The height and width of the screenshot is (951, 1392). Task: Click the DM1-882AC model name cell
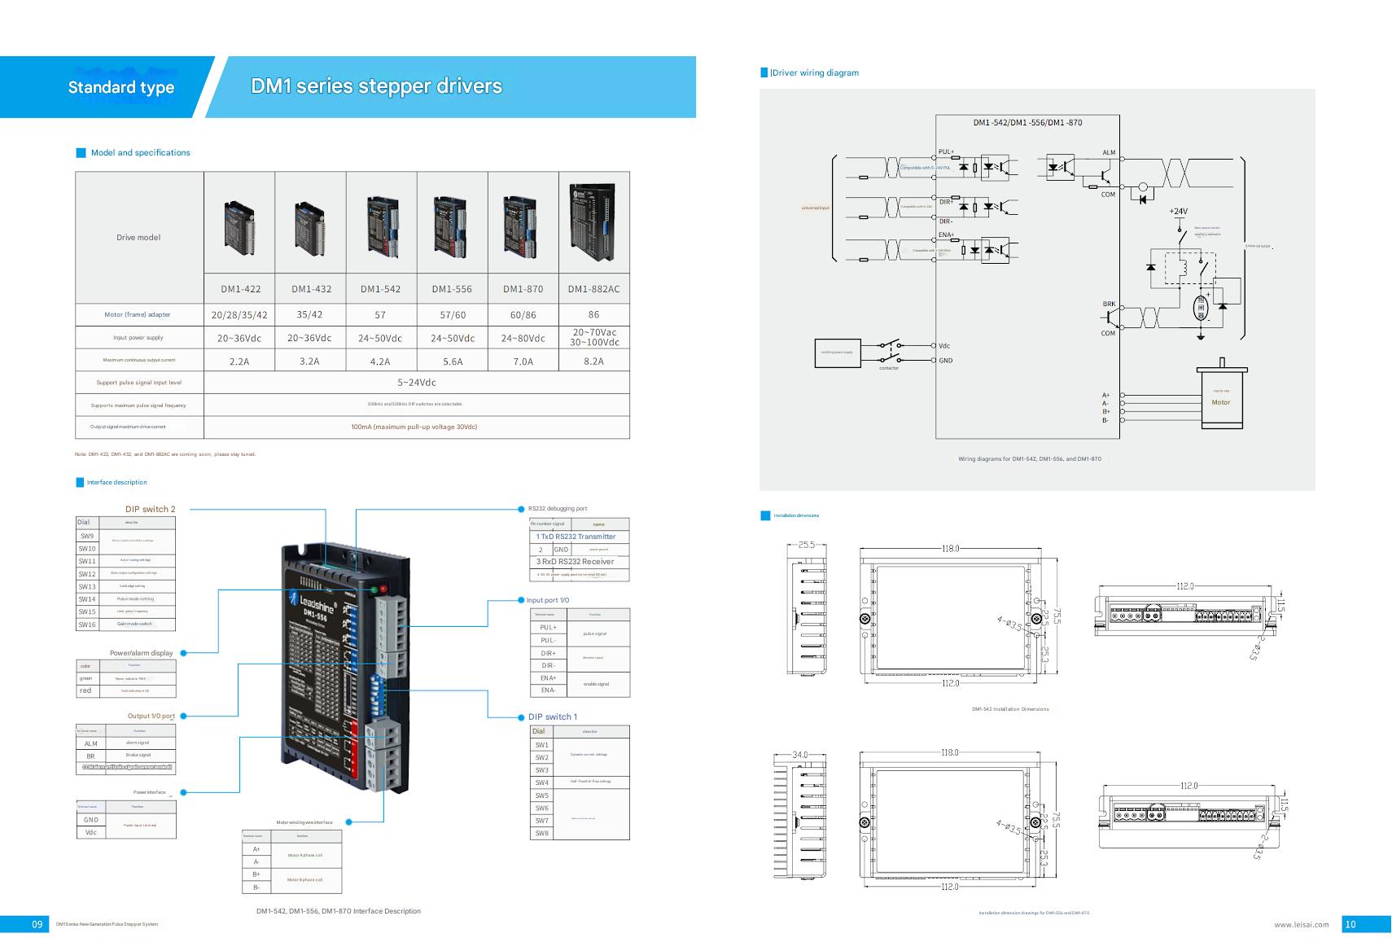pos(593,289)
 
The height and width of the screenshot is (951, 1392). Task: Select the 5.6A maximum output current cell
pos(453,361)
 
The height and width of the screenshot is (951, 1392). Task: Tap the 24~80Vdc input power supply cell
pos(523,338)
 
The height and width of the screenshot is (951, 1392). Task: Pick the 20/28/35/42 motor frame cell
pos(239,315)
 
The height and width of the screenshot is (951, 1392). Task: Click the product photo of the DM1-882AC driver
pos(593,222)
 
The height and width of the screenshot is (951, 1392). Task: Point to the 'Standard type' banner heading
pos(121,87)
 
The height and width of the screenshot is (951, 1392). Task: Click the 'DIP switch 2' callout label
pos(150,509)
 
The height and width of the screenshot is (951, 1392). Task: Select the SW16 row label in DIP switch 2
pos(87,625)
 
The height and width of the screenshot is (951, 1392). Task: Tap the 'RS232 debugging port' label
pos(558,509)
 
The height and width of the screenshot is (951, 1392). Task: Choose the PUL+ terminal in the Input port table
pos(548,628)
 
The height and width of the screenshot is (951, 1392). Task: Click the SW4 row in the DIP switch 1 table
pos(541,782)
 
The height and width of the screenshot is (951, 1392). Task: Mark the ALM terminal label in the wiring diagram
pos(1109,153)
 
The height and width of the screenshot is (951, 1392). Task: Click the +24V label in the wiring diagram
pos(1178,211)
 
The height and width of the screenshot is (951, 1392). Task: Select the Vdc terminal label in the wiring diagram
pos(944,346)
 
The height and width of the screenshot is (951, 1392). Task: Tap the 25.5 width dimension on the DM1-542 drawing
pos(806,545)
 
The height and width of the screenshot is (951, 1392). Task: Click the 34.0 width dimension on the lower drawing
pos(800,755)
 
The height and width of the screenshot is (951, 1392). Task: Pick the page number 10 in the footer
pos(1350,924)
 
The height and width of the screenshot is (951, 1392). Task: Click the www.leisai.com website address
pos(1301,925)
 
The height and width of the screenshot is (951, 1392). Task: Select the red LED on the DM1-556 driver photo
pos(384,588)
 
